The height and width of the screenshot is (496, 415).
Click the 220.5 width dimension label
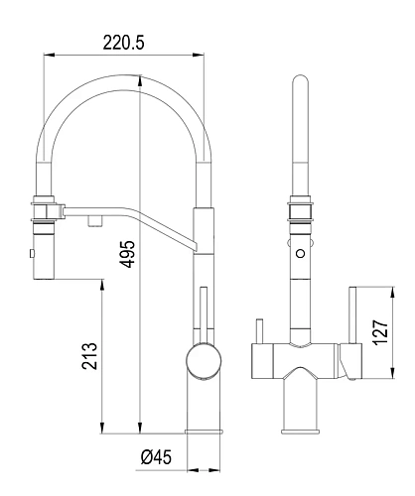pyautogui.click(x=123, y=43)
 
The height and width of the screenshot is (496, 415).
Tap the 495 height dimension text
pyautogui.click(x=127, y=254)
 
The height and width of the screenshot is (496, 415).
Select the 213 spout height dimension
pyautogui.click(x=90, y=356)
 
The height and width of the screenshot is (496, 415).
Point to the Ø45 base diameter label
pyautogui.click(x=156, y=457)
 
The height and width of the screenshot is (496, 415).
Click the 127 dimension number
pyautogui.click(x=380, y=332)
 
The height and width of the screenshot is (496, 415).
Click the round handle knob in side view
pyautogui.click(x=204, y=360)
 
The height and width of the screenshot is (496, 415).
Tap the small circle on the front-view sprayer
pyautogui.click(x=301, y=254)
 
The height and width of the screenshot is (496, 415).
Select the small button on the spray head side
pyautogui.click(x=32, y=254)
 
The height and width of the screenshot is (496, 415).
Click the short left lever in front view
pyautogui.click(x=260, y=331)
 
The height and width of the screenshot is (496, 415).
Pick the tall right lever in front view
pyautogui.click(x=352, y=315)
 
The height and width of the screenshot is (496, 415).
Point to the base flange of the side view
pyautogui.click(x=204, y=432)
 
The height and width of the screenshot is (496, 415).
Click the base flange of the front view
pyautogui.click(x=301, y=432)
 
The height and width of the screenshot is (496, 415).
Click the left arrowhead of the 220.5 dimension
pyautogui.click(x=49, y=55)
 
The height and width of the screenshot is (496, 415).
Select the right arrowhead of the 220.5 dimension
pyautogui.click(x=199, y=55)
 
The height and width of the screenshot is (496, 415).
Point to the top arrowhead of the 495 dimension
pyautogui.click(x=141, y=81)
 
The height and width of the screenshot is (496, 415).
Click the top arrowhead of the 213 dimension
pyautogui.click(x=102, y=286)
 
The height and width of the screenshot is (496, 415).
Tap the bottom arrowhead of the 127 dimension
pyautogui.click(x=392, y=373)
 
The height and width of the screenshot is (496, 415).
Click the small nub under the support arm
pyautogui.click(x=95, y=221)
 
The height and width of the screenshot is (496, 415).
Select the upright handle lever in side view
pyautogui.click(x=204, y=315)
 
